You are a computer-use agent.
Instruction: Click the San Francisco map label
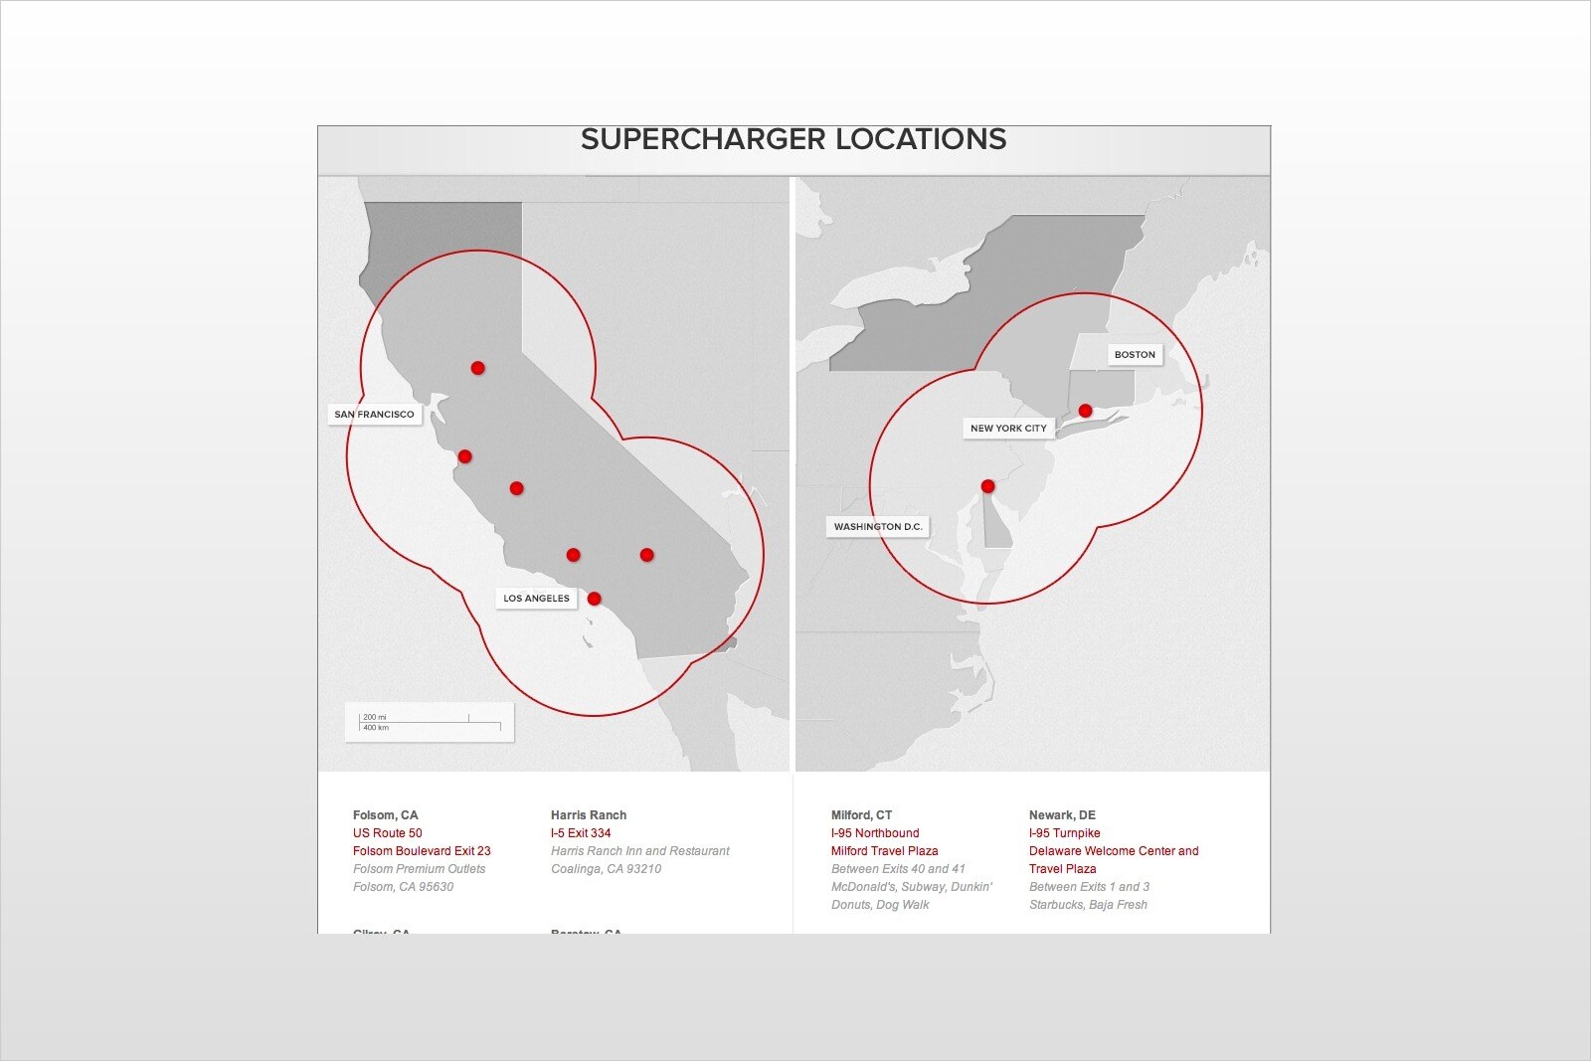click(x=374, y=415)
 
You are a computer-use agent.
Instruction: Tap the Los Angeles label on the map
click(x=536, y=599)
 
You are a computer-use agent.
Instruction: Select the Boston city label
click(x=1135, y=355)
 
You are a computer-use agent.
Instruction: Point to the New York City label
click(x=1008, y=429)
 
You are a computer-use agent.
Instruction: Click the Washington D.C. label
click(x=878, y=527)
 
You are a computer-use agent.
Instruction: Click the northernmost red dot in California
click(x=477, y=368)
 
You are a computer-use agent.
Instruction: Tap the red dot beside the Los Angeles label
click(x=594, y=599)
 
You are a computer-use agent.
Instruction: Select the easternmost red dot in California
click(x=646, y=555)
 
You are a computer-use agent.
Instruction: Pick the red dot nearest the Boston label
click(x=1085, y=411)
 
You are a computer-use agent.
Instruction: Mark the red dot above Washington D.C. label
click(x=987, y=486)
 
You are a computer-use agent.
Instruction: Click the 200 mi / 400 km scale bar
click(x=430, y=722)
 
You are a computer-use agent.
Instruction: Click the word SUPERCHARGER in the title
click(x=703, y=139)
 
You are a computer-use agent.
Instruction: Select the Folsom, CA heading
click(x=385, y=815)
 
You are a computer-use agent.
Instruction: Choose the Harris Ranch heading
click(x=589, y=815)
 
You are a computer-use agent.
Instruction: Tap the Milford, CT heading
click(x=861, y=815)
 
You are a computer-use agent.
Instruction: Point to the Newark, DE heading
click(x=1062, y=815)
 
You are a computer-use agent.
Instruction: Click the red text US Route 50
click(x=387, y=833)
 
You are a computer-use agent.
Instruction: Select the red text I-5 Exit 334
click(x=581, y=833)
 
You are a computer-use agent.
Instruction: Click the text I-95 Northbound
click(x=875, y=833)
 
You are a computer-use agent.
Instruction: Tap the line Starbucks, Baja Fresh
click(x=1088, y=905)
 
